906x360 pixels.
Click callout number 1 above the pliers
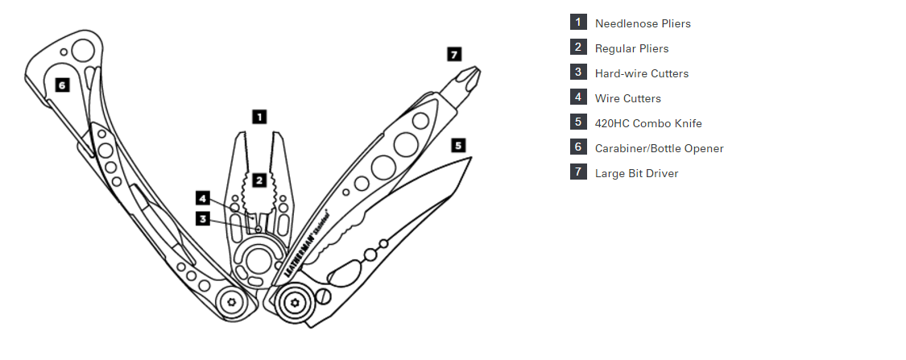click(x=260, y=117)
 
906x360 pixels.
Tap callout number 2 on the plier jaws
click(x=259, y=180)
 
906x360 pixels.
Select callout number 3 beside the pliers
click(x=203, y=219)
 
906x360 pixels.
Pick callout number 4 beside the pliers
click(x=203, y=199)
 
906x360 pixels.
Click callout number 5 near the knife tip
click(x=458, y=145)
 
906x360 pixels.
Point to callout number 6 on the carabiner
click(x=62, y=85)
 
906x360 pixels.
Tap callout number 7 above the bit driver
click(x=455, y=54)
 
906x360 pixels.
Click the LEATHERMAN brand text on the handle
click(x=300, y=254)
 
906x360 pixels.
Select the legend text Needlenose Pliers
click(x=643, y=23)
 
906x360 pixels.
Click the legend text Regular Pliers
click(x=631, y=48)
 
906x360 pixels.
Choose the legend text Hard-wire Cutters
click(x=641, y=73)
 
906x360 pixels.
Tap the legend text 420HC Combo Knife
click(x=648, y=123)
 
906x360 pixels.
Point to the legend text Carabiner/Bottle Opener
click(x=660, y=148)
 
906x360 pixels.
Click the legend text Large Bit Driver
click(x=637, y=173)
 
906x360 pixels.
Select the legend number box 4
click(x=578, y=97)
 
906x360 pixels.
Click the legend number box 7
click(x=578, y=172)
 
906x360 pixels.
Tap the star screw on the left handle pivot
click(x=232, y=302)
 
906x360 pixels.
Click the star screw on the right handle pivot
click(x=295, y=302)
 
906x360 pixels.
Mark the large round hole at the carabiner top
click(x=83, y=51)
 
